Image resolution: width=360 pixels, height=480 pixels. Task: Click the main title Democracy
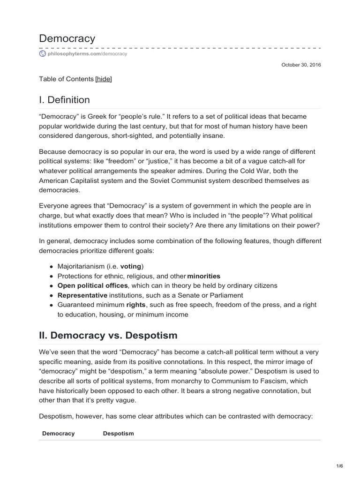pyautogui.click(x=67, y=38)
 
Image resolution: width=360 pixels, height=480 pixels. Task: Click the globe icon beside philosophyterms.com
pyautogui.click(x=43, y=54)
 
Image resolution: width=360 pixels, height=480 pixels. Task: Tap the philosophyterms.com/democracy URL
pyautogui.click(x=87, y=54)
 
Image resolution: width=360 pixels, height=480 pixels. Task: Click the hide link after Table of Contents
pyautogui.click(x=104, y=79)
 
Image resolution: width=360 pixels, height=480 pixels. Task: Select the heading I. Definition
pyautogui.click(x=64, y=100)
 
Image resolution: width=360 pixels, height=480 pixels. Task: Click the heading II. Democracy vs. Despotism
pyautogui.click(x=108, y=335)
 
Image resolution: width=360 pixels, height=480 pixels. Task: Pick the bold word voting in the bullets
pyautogui.click(x=131, y=266)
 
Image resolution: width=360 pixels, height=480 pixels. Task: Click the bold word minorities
pyautogui.click(x=203, y=276)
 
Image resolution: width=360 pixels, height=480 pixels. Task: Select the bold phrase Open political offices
pyautogui.click(x=92, y=285)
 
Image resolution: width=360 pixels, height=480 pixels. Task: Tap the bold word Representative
pyautogui.click(x=82, y=295)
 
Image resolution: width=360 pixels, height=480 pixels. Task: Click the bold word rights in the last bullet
pyautogui.click(x=136, y=305)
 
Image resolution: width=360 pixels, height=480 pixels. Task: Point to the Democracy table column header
pyautogui.click(x=58, y=434)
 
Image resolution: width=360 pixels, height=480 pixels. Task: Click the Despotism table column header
pyautogui.click(x=118, y=434)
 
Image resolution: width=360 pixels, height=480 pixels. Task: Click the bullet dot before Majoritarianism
pyautogui.click(x=51, y=266)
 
